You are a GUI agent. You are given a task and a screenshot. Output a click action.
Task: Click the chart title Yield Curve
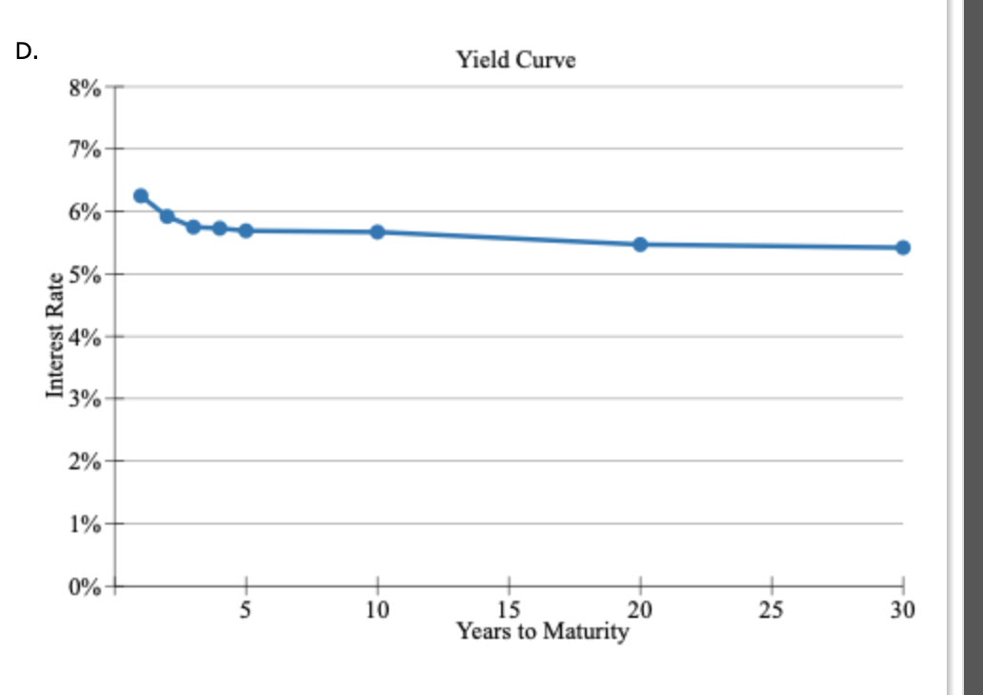click(x=515, y=61)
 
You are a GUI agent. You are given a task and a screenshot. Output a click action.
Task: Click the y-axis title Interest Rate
click(x=56, y=335)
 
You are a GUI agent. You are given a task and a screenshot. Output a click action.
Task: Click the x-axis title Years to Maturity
click(x=542, y=631)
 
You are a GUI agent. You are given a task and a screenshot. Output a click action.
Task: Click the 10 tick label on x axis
click(x=377, y=611)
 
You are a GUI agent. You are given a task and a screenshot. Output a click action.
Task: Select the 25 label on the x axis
click(x=772, y=611)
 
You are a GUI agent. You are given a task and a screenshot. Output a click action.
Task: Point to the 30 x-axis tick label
click(x=902, y=611)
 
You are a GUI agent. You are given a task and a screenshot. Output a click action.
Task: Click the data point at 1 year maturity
click(x=141, y=196)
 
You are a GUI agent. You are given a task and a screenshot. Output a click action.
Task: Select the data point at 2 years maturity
click(x=168, y=216)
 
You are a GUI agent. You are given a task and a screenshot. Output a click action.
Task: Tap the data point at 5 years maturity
click(x=246, y=230)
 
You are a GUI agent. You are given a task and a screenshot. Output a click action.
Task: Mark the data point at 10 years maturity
click(x=377, y=231)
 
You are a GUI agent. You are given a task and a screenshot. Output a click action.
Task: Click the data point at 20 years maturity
click(x=640, y=245)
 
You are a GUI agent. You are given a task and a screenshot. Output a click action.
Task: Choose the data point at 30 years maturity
click(x=903, y=248)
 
